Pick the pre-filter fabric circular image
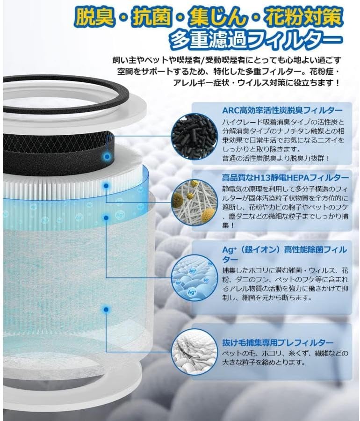[x=194, y=352]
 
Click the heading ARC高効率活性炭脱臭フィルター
[x=282, y=110]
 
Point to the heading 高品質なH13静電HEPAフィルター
[x=285, y=177]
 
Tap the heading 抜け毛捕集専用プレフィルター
[x=278, y=342]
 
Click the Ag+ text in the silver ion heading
[x=230, y=250]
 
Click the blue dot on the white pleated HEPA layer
[x=106, y=186]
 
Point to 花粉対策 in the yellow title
[x=303, y=17]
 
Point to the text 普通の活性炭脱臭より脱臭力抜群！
[x=276, y=159]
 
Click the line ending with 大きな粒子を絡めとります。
[x=264, y=363]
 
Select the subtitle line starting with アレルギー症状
[x=256, y=82]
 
